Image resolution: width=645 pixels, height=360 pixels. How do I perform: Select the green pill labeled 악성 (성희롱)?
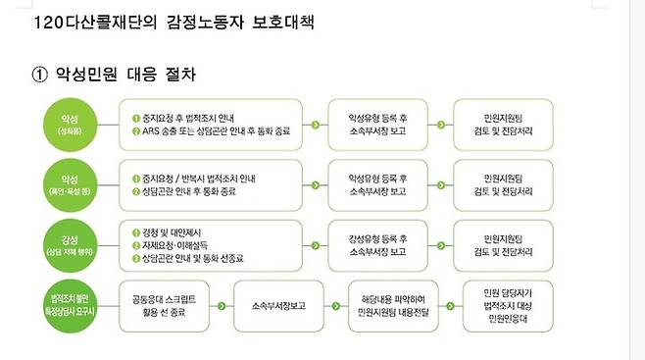pos(69,124)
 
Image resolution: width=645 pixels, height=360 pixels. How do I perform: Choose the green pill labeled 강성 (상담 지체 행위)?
pos(69,240)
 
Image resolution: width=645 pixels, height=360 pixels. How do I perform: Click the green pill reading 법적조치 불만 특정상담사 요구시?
pos(69,298)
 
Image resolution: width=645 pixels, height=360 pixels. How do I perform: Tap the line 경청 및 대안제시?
pos(178,230)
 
